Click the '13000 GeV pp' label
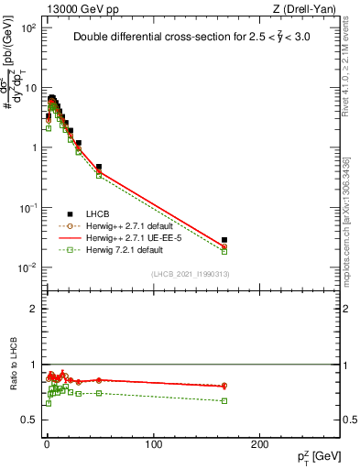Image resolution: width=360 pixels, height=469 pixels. (x=80, y=9)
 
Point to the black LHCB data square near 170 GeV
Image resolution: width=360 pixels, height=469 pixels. (x=224, y=240)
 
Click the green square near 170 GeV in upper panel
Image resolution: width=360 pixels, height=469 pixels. (x=224, y=252)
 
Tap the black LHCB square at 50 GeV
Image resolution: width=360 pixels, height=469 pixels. (x=99, y=168)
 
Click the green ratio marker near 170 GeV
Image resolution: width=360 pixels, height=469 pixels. (x=224, y=400)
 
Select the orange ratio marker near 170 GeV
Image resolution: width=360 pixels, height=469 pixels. (x=224, y=386)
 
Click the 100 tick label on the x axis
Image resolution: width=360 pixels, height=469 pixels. (x=153, y=444)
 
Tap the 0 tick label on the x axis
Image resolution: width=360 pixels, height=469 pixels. (x=47, y=444)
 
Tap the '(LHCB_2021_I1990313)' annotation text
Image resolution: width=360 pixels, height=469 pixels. (x=190, y=274)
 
